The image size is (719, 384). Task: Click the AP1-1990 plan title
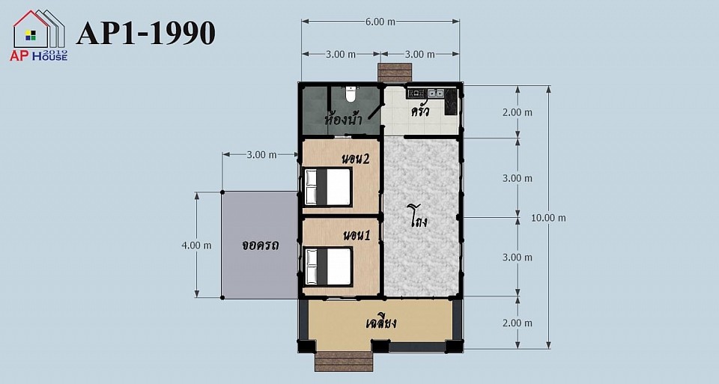146,33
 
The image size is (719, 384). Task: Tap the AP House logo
39,35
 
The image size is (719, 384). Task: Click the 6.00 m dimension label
380,22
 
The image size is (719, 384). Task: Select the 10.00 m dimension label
548,218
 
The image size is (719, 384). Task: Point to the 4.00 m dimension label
196,246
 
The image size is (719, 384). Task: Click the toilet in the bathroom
351,94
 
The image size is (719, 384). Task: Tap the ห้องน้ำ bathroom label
344,119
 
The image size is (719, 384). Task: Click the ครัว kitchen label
420,111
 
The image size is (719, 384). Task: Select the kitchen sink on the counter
436,94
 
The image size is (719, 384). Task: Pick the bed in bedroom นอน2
328,187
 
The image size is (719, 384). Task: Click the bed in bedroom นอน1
328,266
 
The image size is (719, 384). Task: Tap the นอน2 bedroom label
356,159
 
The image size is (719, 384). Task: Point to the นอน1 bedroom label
357,236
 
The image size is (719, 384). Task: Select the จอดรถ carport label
261,246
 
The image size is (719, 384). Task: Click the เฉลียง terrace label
381,322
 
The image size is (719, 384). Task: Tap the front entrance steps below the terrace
344,362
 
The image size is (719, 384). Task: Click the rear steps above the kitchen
394,73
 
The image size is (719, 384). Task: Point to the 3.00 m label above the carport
261,155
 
